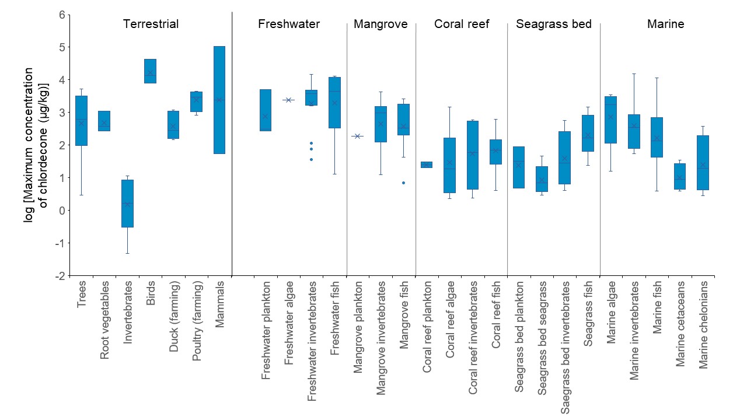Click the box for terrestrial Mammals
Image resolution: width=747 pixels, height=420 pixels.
(219, 99)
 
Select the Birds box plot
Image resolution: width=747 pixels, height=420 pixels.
(150, 71)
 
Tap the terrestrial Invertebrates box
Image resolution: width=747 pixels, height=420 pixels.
(127, 203)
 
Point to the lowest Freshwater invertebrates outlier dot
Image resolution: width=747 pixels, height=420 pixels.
(312, 159)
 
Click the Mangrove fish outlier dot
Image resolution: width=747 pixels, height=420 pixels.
(403, 183)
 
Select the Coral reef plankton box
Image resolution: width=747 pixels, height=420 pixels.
(427, 164)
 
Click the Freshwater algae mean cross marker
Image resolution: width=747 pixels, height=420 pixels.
(288, 100)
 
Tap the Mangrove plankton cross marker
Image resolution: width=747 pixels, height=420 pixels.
(358, 136)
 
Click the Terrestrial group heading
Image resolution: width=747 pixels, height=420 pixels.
(151, 24)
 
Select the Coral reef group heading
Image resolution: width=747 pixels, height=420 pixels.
(462, 24)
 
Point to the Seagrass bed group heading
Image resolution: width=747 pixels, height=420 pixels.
(554, 24)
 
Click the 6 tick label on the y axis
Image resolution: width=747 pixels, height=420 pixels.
(62, 14)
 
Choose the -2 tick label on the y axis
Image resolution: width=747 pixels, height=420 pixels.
(60, 275)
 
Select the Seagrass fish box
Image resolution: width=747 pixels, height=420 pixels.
(588, 133)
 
